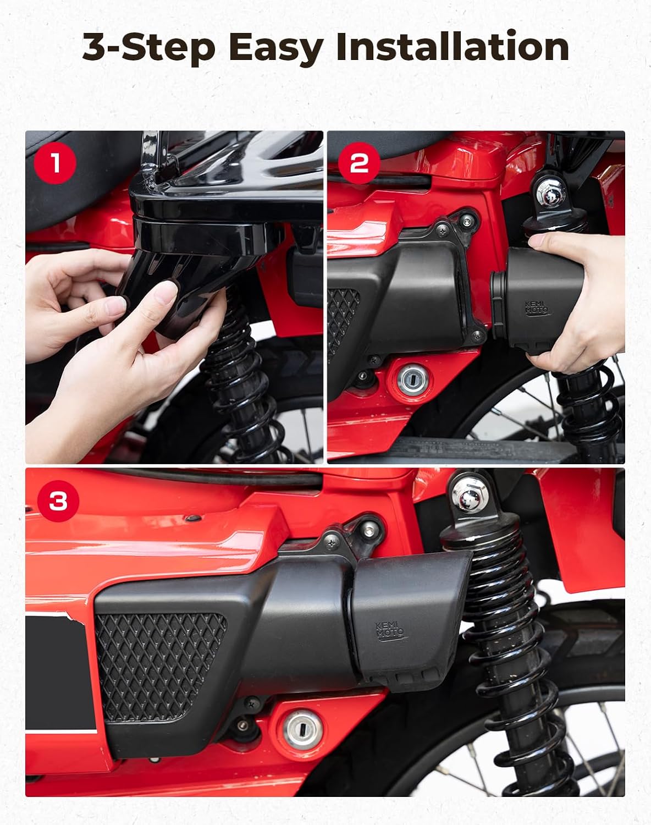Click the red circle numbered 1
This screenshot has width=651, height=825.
[x=55, y=163]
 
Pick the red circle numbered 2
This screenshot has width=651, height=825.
[x=358, y=163]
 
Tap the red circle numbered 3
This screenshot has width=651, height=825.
[x=58, y=501]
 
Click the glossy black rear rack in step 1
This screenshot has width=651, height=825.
[x=220, y=204]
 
